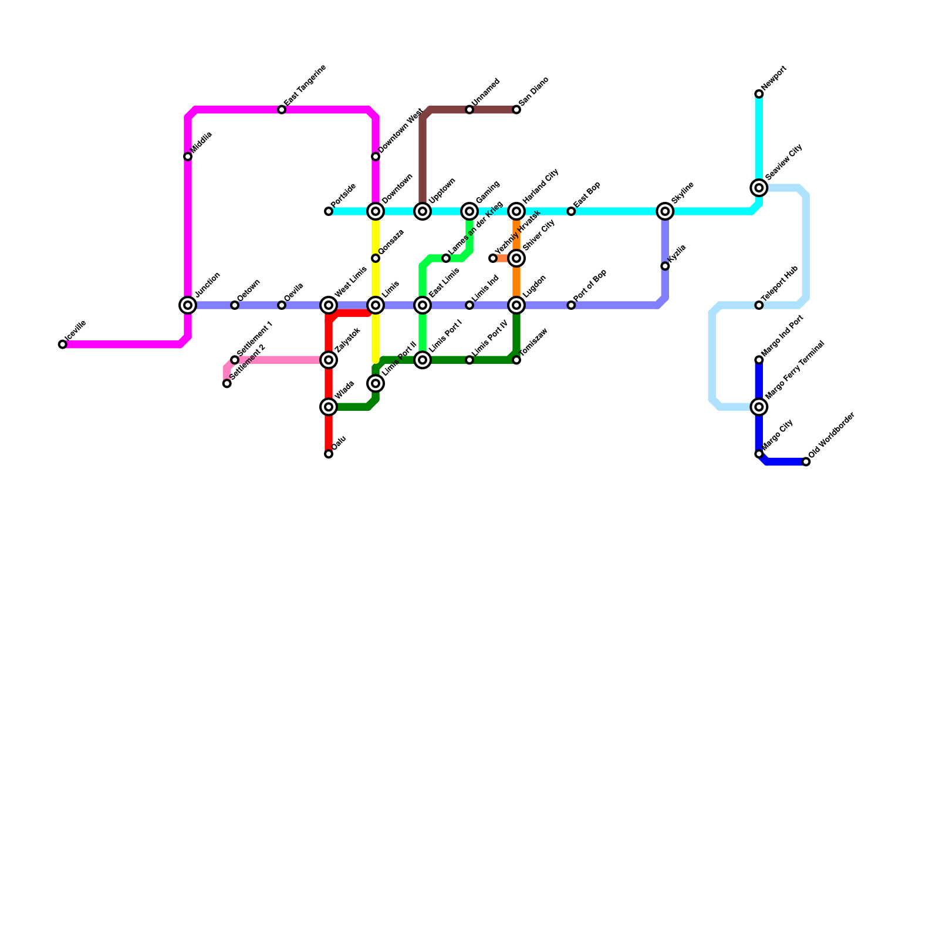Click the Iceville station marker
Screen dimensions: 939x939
pyautogui.click(x=63, y=344)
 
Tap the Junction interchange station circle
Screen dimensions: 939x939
pyautogui.click(x=188, y=305)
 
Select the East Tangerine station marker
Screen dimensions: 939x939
pyautogui.click(x=282, y=110)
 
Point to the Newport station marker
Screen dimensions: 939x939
pyautogui.click(x=759, y=94)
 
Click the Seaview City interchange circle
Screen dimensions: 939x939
pyautogui.click(x=759, y=188)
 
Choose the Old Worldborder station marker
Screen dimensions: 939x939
pyautogui.click(x=806, y=462)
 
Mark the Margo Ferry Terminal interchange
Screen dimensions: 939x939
pyautogui.click(x=759, y=407)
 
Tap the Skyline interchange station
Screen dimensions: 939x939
pyautogui.click(x=665, y=211)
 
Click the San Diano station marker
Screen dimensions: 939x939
pyautogui.click(x=516, y=110)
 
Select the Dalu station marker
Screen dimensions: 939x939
pyautogui.click(x=329, y=454)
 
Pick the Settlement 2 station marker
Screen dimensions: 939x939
pyautogui.click(x=227, y=383)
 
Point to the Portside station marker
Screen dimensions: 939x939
pyautogui.click(x=329, y=211)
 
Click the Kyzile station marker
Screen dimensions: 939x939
pyautogui.click(x=665, y=266)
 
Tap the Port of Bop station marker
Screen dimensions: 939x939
pyautogui.click(x=571, y=305)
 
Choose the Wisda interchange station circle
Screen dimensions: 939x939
pyautogui.click(x=329, y=407)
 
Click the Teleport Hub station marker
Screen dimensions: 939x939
pyautogui.click(x=759, y=305)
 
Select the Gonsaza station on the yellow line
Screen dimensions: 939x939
pyautogui.click(x=376, y=258)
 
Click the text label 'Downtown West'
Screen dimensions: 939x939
pyautogui.click(x=401, y=131)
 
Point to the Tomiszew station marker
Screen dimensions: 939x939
pyautogui.click(x=516, y=360)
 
